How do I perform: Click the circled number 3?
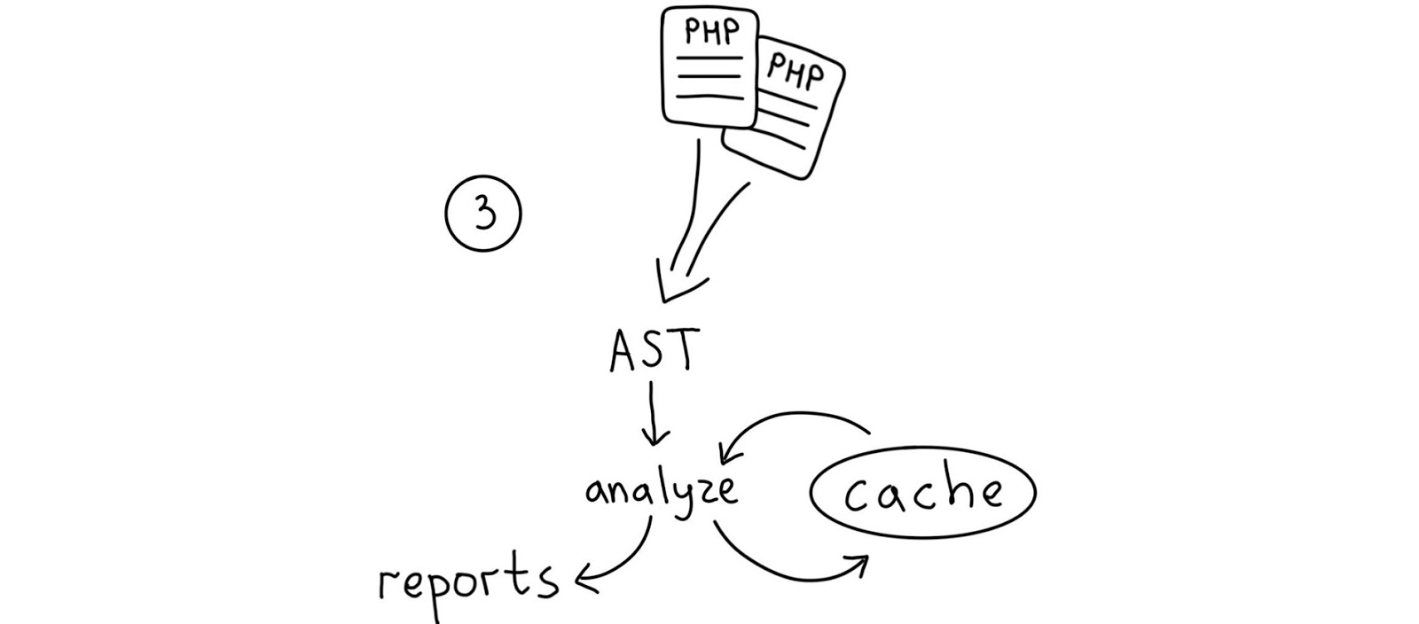[482, 214]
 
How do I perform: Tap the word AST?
[655, 351]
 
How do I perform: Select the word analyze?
[661, 490]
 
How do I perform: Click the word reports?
[468, 581]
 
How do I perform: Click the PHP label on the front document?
[710, 32]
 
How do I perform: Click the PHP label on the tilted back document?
[795, 71]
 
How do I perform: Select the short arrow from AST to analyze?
[655, 412]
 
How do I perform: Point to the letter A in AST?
[624, 352]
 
